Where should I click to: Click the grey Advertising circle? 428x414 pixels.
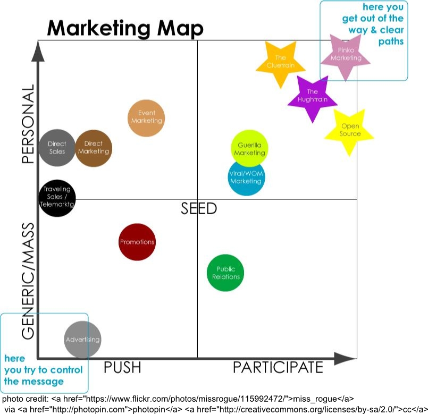tap(82, 340)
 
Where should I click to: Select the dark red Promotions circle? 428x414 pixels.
tap(137, 242)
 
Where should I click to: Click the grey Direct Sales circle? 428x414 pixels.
tap(57, 148)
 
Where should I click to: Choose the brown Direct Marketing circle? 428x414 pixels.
tap(94, 148)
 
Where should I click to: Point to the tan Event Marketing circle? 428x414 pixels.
tap(146, 117)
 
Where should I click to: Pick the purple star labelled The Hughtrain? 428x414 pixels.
tap(312, 96)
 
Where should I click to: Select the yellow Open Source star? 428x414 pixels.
tap(349, 131)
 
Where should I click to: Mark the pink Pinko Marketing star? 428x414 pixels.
tap(345, 56)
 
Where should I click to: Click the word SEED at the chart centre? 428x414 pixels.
tap(199, 208)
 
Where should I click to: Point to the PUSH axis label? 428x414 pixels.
tap(122, 368)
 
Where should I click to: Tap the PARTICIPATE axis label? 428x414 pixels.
tap(278, 368)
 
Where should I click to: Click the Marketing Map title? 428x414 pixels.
tap(125, 28)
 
